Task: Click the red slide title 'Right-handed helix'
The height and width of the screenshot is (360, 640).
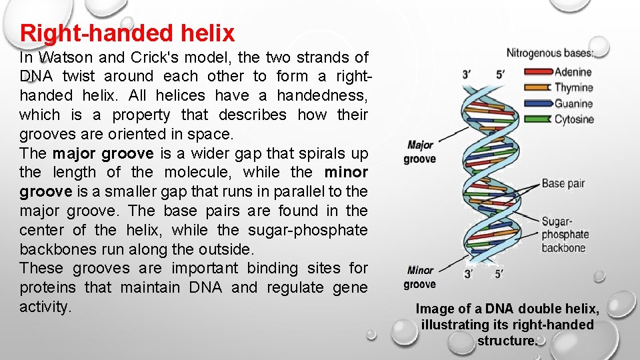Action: pos(127,33)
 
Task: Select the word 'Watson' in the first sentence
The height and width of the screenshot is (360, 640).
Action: pos(63,57)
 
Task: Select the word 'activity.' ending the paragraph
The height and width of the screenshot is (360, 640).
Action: pos(45,307)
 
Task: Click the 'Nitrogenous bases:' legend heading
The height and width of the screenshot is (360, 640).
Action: pos(549,53)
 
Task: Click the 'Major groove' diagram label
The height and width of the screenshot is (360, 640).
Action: pos(420,152)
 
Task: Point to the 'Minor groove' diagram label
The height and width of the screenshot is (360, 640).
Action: pos(420,277)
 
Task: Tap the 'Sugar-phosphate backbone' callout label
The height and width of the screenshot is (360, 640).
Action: pos(564,235)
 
